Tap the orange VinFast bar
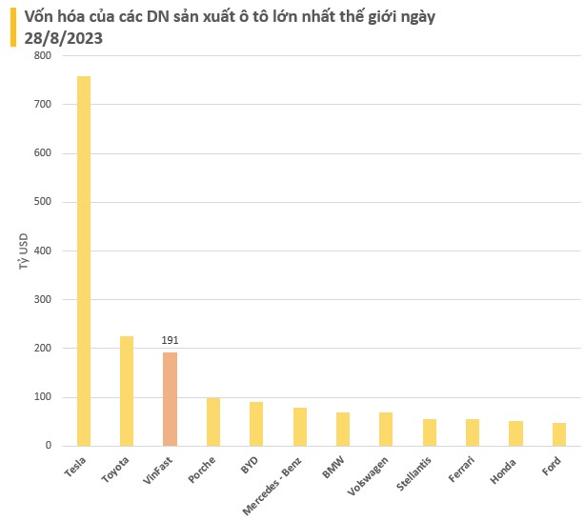pyautogui.click(x=170, y=399)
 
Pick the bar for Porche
pyautogui.click(x=213, y=422)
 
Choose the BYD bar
pyautogui.click(x=256, y=424)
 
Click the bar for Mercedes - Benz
pyautogui.click(x=299, y=427)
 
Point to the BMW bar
pyautogui.click(x=343, y=429)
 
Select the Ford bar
pyautogui.click(x=559, y=434)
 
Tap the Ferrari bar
pyautogui.click(x=473, y=432)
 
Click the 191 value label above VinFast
pyautogui.click(x=170, y=340)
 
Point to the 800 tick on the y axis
pyautogui.click(x=42, y=56)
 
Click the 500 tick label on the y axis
pyautogui.click(x=42, y=202)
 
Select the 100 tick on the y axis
pyautogui.click(x=42, y=397)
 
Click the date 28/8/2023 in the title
pyautogui.click(x=64, y=38)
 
